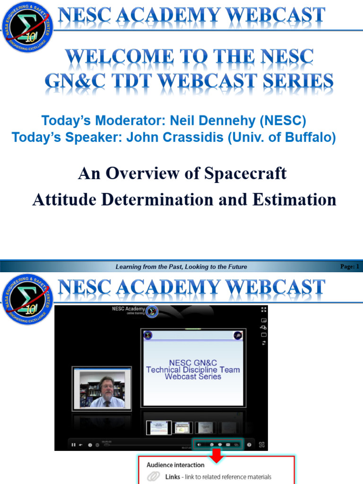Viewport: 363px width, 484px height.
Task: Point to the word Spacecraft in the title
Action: click(x=245, y=173)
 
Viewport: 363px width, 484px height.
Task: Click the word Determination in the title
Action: click(x=156, y=199)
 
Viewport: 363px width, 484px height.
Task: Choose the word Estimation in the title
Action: click(x=294, y=199)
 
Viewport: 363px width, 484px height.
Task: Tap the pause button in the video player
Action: click(x=73, y=444)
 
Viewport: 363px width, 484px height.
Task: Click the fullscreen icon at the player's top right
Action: click(x=264, y=310)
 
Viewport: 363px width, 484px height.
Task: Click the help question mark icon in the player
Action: click(x=249, y=444)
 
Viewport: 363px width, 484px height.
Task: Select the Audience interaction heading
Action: click(x=175, y=465)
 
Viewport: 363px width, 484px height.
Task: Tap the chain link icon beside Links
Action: click(x=154, y=477)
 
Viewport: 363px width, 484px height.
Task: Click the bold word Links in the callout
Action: click(x=173, y=477)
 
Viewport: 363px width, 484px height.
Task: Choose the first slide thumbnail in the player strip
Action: click(x=158, y=427)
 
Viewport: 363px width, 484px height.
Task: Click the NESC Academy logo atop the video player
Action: click(x=152, y=311)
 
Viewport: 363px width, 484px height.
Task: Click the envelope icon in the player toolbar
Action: click(x=228, y=444)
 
